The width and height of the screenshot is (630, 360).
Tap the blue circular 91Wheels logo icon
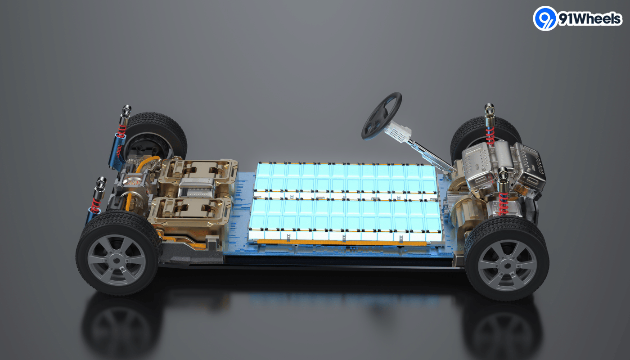[x=545, y=18]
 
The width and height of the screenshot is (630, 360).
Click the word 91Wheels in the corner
[x=590, y=19]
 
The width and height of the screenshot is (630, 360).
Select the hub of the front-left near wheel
[x=117, y=261]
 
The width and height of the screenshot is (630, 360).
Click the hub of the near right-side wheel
[x=507, y=266]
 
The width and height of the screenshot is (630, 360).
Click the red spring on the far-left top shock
[x=122, y=131]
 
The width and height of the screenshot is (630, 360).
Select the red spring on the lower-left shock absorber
[x=95, y=205]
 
